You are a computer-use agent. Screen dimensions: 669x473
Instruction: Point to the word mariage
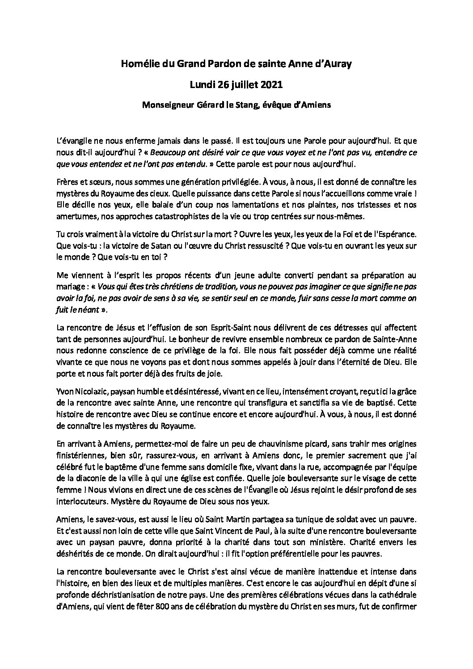pyautogui.click(x=71, y=286)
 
